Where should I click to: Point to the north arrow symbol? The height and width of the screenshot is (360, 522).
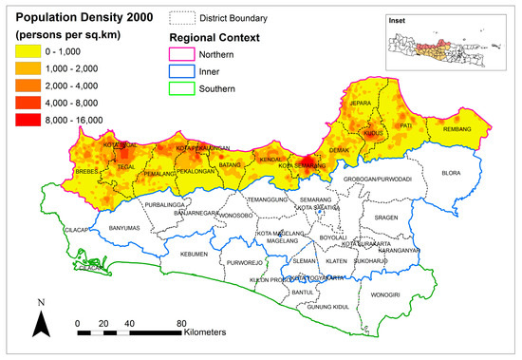point(41,324)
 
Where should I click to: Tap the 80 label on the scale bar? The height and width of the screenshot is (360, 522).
point(179,322)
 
